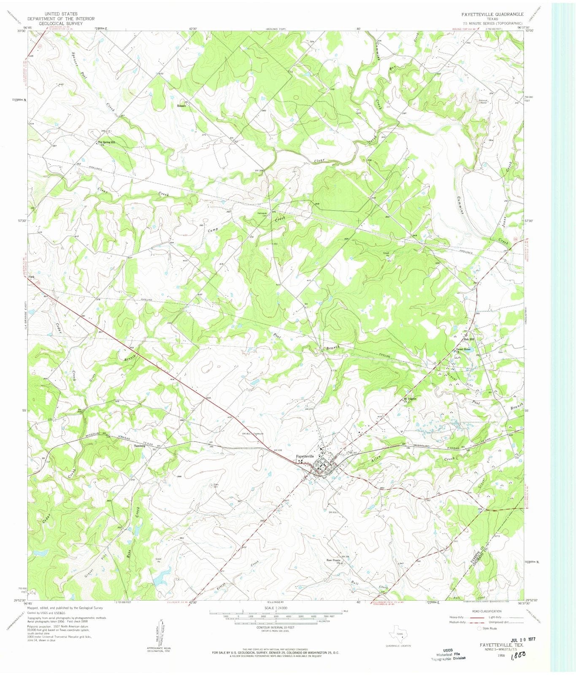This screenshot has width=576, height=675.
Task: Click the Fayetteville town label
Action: point(305,456)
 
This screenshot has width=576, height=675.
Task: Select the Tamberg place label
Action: point(140,445)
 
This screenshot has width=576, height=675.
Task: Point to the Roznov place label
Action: point(181,105)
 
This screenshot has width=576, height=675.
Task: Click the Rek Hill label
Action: point(469,339)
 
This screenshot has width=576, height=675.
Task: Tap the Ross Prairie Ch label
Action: point(334,562)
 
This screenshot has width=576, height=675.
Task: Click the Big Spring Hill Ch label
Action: point(106,143)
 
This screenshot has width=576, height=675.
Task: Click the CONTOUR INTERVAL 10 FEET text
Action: point(275,627)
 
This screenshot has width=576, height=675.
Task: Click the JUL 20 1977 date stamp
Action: point(522,639)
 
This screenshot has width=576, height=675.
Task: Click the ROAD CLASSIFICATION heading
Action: point(487,611)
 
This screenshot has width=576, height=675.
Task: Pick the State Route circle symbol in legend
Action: point(479,628)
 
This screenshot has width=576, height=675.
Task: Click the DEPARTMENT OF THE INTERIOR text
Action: point(61,19)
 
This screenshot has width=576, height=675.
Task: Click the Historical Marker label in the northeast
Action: point(483,101)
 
